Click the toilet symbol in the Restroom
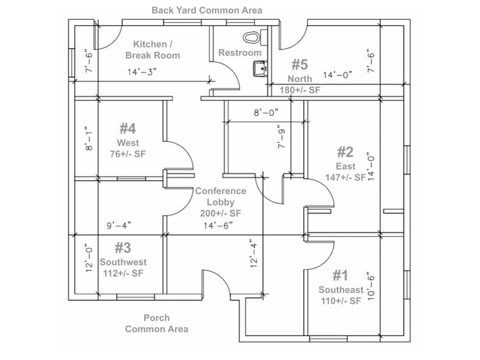click(x=250, y=37)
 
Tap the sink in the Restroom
click(x=261, y=68)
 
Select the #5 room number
click(x=299, y=64)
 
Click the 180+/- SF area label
click(x=300, y=90)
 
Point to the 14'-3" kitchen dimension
click(x=142, y=72)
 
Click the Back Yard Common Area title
click(x=207, y=10)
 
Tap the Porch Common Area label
click(x=157, y=323)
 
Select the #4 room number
click(x=127, y=129)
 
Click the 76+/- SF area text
click(x=128, y=154)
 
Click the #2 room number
click(x=345, y=152)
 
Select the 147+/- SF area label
click(x=345, y=177)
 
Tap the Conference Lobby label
click(x=221, y=197)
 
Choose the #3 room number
click(x=123, y=248)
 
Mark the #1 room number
click(x=340, y=276)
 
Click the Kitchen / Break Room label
click(x=152, y=50)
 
